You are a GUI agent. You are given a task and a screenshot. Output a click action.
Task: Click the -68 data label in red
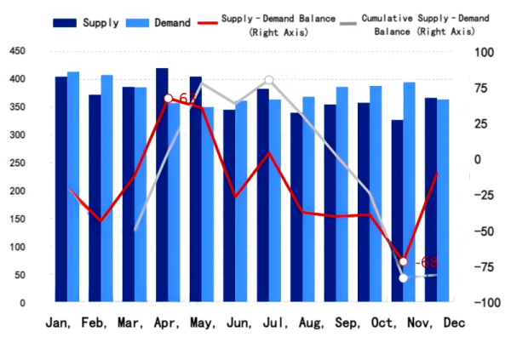click(x=424, y=262)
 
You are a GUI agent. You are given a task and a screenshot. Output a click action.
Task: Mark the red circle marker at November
click(x=404, y=261)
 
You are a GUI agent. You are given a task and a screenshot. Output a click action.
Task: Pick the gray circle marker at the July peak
click(x=269, y=80)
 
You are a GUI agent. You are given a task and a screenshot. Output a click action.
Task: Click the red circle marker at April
click(x=169, y=99)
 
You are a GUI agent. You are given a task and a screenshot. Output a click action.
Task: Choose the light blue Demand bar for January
click(x=73, y=186)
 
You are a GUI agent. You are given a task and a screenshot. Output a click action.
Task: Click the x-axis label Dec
click(x=454, y=323)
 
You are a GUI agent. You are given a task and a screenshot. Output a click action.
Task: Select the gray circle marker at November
click(x=404, y=277)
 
